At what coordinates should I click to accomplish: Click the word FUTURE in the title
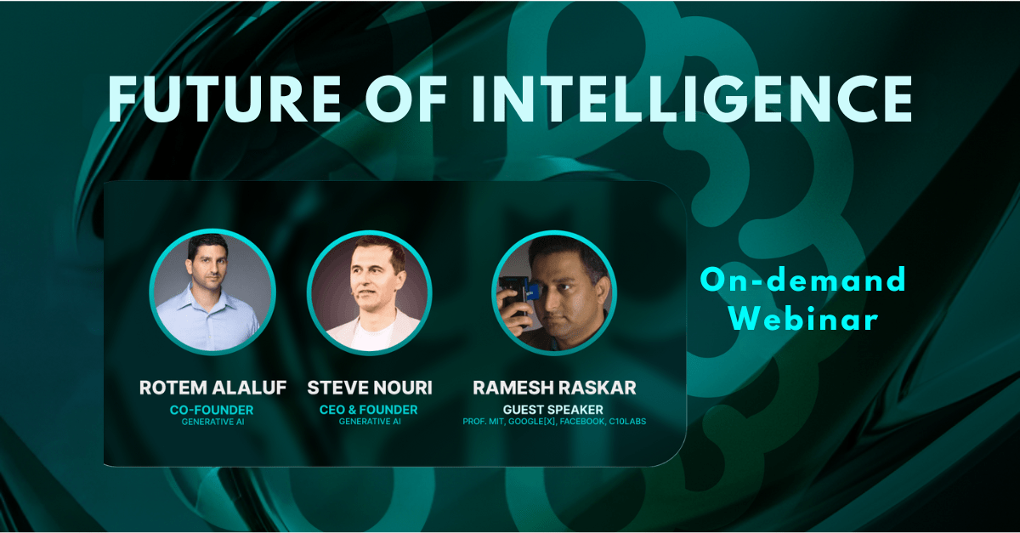pos(224,99)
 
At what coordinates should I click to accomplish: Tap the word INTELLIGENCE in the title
pos(692,99)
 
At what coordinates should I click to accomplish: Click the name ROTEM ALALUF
pos(212,388)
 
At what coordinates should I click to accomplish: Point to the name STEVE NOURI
pos(370,388)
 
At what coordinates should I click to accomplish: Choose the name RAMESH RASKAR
pos(554,388)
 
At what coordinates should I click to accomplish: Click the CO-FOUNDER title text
pos(212,410)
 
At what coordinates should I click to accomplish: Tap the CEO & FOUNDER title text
pos(368,410)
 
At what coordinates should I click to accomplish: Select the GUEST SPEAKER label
pos(553,410)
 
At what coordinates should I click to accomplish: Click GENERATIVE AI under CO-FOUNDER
pos(213,422)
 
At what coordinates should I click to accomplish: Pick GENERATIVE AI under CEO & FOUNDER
pos(370,422)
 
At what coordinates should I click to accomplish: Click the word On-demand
pos(802,280)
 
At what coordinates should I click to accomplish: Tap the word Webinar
pos(803,319)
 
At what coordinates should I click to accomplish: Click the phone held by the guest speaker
pos(514,296)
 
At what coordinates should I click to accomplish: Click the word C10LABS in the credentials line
pos(627,422)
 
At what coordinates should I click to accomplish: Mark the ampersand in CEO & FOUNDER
pos(352,410)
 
